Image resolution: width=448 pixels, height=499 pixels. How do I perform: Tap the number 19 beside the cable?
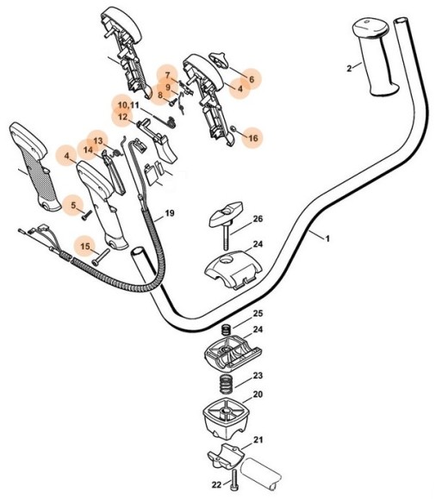(x=169, y=213)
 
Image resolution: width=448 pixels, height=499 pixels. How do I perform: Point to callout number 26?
(x=258, y=219)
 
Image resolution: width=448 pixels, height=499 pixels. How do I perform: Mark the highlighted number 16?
(x=252, y=137)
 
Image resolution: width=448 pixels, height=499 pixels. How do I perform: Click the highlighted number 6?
(x=252, y=77)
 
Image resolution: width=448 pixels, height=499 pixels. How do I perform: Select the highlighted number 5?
(x=74, y=205)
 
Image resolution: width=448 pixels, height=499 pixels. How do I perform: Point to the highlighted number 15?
(x=84, y=246)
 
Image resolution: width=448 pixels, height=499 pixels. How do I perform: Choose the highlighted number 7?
(x=168, y=75)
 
